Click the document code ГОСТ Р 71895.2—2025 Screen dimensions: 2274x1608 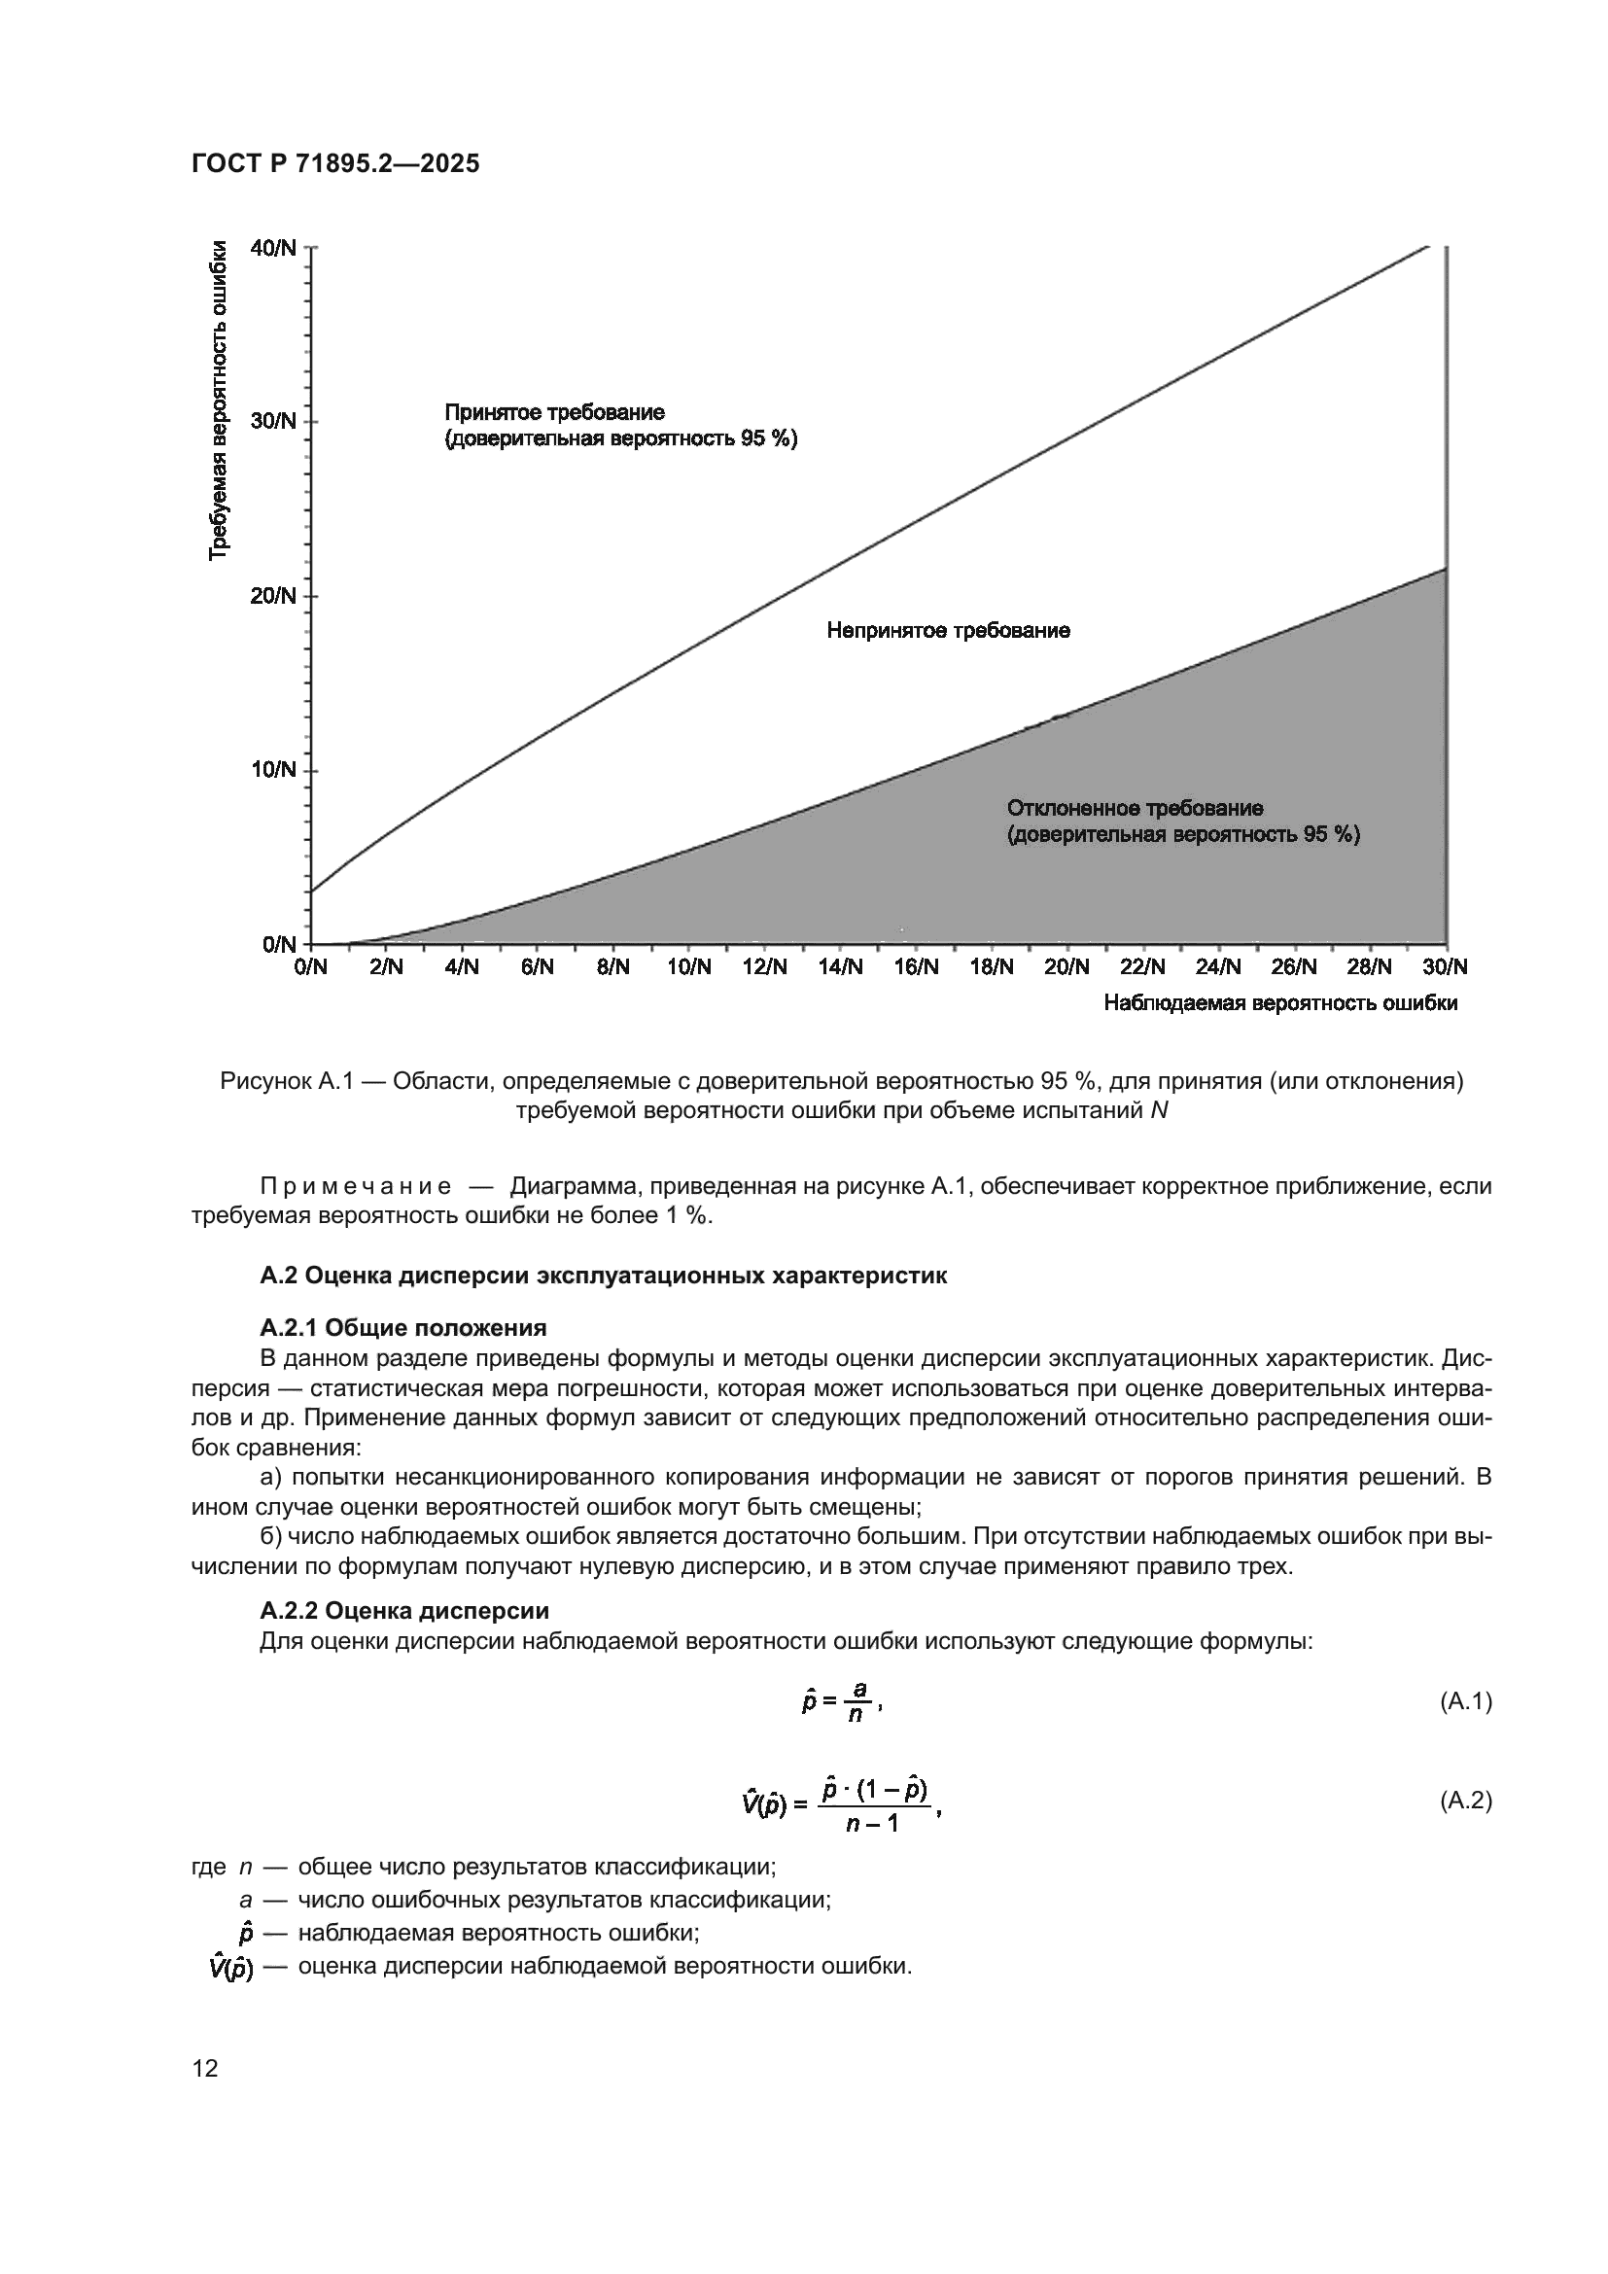click(334, 164)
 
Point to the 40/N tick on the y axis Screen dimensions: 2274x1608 click(274, 248)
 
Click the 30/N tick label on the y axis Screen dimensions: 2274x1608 click(274, 421)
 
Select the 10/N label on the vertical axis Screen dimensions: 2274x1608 click(274, 770)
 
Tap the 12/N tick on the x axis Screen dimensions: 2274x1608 click(764, 967)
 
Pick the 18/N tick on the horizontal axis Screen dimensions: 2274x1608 click(991, 967)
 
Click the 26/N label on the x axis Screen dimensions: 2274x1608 click(1294, 967)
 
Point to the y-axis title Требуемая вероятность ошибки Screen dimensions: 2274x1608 click(219, 401)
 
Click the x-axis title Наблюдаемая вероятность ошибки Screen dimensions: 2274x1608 click(1279, 1003)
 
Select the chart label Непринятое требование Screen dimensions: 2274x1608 click(948, 631)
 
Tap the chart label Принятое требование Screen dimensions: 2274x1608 click(554, 412)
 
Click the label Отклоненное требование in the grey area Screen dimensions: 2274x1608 click(1135, 808)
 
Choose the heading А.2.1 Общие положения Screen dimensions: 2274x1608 click(403, 1327)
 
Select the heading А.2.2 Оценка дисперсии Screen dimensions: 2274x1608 click(404, 1610)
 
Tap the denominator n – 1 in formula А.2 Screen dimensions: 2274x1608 click(872, 1822)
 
